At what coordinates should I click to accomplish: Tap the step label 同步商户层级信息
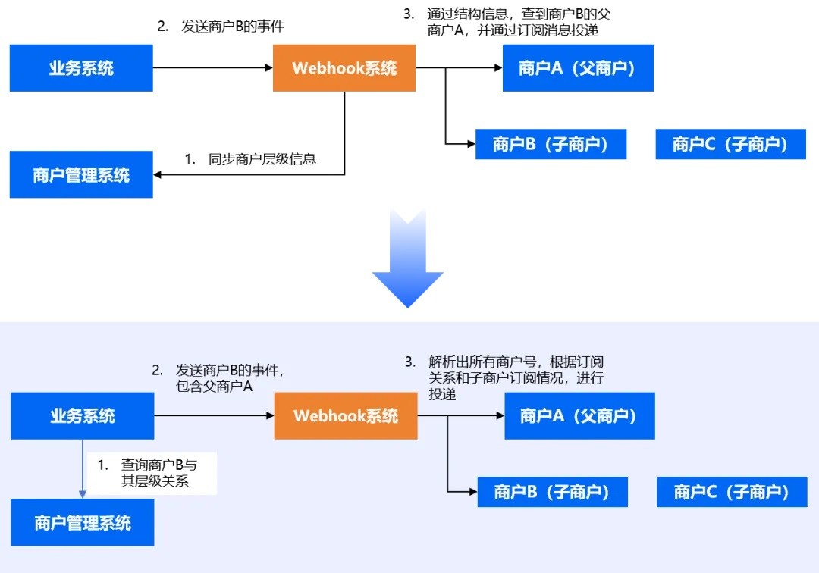coord(251,159)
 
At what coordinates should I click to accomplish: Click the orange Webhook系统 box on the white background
coord(344,68)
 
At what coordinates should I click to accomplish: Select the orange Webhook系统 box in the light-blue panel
coord(346,415)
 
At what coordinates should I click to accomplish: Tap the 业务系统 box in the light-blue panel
coord(82,415)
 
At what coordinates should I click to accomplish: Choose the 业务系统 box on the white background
coord(81,68)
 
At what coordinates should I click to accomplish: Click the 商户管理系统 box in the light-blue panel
coord(83,523)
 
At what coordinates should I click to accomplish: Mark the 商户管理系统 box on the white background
coord(81,175)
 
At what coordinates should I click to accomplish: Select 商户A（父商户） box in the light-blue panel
coord(579,415)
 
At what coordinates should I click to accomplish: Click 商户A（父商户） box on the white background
coord(578,68)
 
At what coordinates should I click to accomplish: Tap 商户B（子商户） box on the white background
coord(551,144)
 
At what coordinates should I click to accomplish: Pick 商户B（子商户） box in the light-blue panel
coord(552,492)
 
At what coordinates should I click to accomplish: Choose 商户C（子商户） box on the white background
coord(730,144)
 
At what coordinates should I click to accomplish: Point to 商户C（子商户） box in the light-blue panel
coord(732,492)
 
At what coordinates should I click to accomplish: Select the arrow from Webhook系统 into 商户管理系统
coord(250,175)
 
